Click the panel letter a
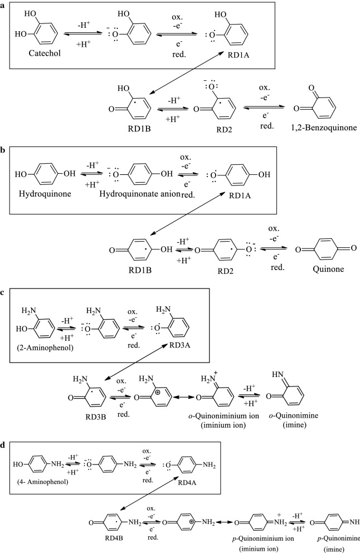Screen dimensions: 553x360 pyautogui.click(x=4, y=5)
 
